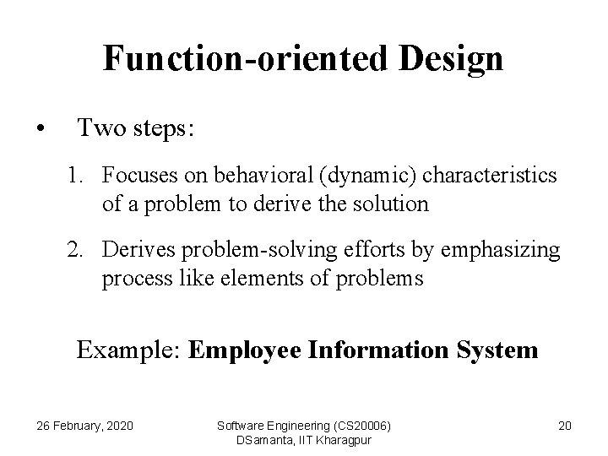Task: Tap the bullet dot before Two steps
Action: click(40, 130)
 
